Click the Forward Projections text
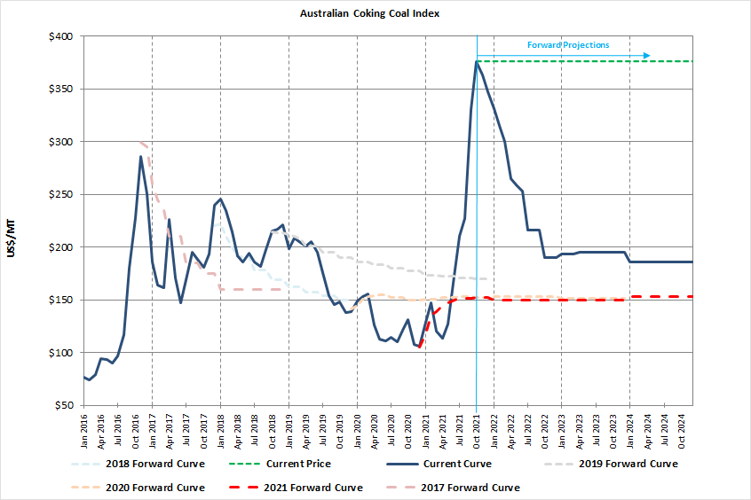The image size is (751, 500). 568,45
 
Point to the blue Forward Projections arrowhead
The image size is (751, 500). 647,56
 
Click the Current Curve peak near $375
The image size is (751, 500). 477,61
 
